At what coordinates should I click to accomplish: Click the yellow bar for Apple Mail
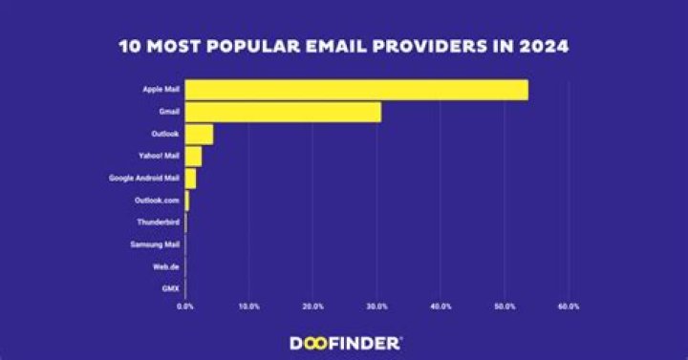[x=355, y=90]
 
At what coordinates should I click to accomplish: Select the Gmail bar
[x=283, y=112]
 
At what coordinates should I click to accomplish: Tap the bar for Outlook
[x=199, y=134]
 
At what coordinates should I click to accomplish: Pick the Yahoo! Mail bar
[x=193, y=157]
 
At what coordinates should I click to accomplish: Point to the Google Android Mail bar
[x=190, y=179]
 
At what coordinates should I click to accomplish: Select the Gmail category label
[x=169, y=112]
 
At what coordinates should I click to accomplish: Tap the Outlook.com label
[x=157, y=201]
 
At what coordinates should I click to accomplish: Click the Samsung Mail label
[x=155, y=244]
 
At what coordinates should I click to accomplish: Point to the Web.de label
[x=167, y=266]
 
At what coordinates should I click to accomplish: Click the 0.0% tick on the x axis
[x=185, y=307]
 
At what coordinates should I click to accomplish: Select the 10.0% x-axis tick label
[x=249, y=307]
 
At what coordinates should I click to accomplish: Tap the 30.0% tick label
[x=376, y=307]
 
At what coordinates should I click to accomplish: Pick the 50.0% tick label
[x=505, y=307]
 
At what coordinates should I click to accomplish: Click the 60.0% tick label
[x=569, y=307]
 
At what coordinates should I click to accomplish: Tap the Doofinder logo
[x=345, y=341]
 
